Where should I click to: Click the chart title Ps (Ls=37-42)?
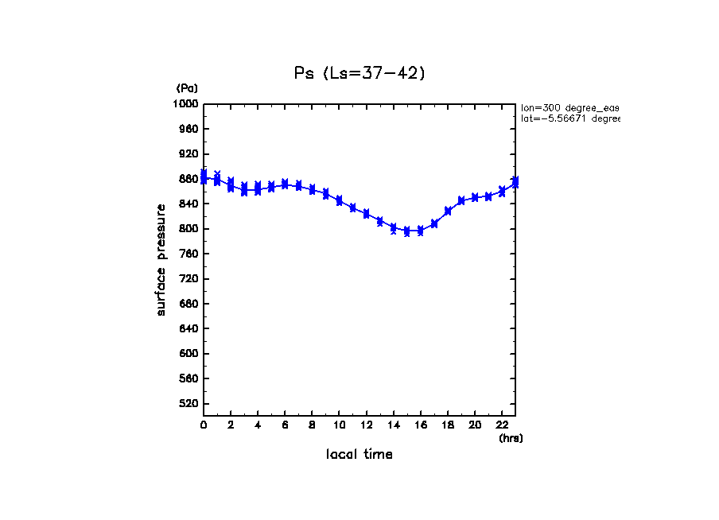click(359, 73)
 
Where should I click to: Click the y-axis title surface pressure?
click(161, 259)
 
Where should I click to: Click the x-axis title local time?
click(359, 455)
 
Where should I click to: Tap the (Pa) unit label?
click(186, 88)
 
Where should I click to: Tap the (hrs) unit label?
click(511, 438)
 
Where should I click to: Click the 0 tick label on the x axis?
click(204, 425)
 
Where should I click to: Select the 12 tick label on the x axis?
click(366, 425)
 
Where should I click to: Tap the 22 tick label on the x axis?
click(501, 425)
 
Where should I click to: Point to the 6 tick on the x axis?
click(285, 425)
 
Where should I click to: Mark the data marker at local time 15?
click(406, 231)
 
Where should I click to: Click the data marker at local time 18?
click(448, 211)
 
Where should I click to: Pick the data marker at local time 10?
click(339, 201)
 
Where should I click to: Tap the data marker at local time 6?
click(285, 184)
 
